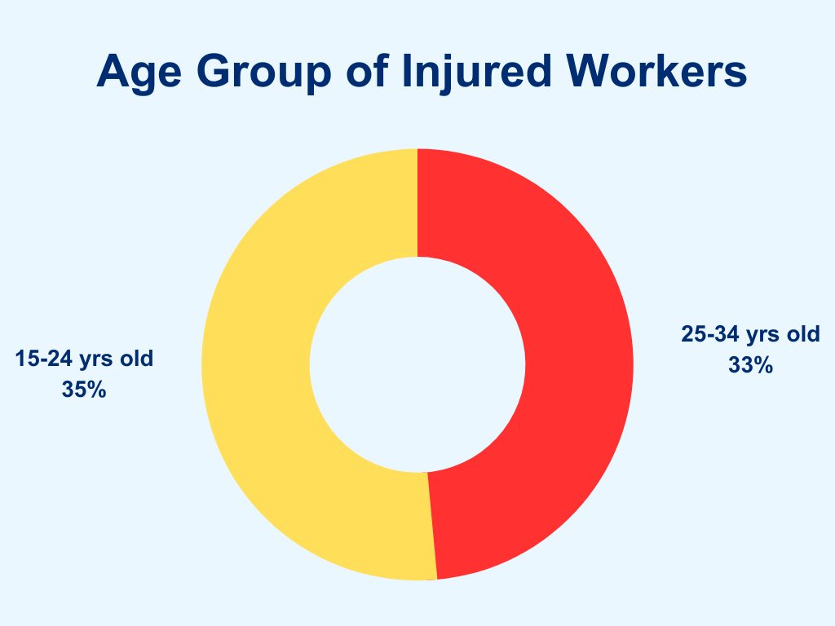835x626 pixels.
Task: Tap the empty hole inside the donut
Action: click(x=417, y=364)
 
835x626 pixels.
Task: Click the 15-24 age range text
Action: click(x=44, y=359)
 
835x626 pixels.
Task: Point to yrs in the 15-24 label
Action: click(x=96, y=360)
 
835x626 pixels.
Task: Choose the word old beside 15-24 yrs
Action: click(x=136, y=359)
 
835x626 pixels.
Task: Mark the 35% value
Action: click(x=84, y=390)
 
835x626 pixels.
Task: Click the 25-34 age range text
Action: click(x=710, y=333)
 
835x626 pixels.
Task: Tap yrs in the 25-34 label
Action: click(x=762, y=336)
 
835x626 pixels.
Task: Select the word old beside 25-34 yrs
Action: click(x=803, y=333)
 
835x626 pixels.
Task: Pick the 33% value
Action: click(x=751, y=365)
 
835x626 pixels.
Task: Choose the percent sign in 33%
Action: click(x=763, y=365)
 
